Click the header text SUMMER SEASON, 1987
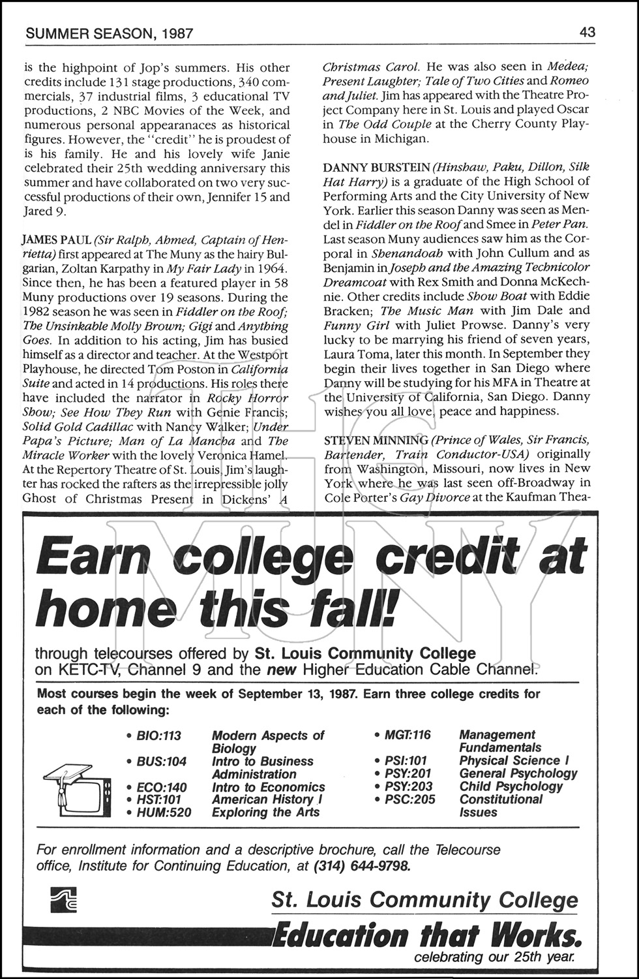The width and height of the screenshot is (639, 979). [x=108, y=33]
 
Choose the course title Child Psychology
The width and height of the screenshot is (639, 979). [x=511, y=786]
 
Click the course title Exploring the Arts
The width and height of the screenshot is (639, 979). [x=265, y=813]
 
